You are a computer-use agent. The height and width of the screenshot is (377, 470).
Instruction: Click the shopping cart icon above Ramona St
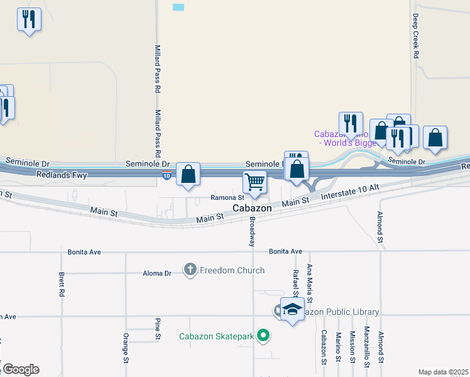tap(254, 182)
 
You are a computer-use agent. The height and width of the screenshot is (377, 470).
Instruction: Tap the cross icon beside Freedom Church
tap(190, 270)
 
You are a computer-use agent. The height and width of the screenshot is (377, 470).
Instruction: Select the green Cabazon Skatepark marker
tap(264, 336)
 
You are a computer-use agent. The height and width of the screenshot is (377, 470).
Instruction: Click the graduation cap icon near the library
tap(292, 310)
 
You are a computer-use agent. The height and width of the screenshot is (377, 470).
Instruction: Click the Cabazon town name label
tap(252, 208)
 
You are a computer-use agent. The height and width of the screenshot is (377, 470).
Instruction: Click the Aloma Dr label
tap(158, 273)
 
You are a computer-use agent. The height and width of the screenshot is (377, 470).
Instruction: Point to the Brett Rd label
tap(62, 285)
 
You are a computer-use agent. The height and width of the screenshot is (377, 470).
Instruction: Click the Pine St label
tap(158, 329)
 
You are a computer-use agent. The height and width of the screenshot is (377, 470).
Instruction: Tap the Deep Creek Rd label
tap(416, 36)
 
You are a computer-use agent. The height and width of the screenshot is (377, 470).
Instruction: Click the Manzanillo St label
tap(367, 349)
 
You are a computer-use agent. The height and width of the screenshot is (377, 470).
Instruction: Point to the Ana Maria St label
tap(309, 279)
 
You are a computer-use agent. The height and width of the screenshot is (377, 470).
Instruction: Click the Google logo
tap(20, 369)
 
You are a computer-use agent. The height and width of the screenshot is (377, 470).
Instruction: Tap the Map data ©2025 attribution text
tap(443, 372)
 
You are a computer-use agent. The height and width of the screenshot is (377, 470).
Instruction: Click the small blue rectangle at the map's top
tap(179, 7)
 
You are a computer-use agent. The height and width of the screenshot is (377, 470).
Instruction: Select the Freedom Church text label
tap(232, 270)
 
